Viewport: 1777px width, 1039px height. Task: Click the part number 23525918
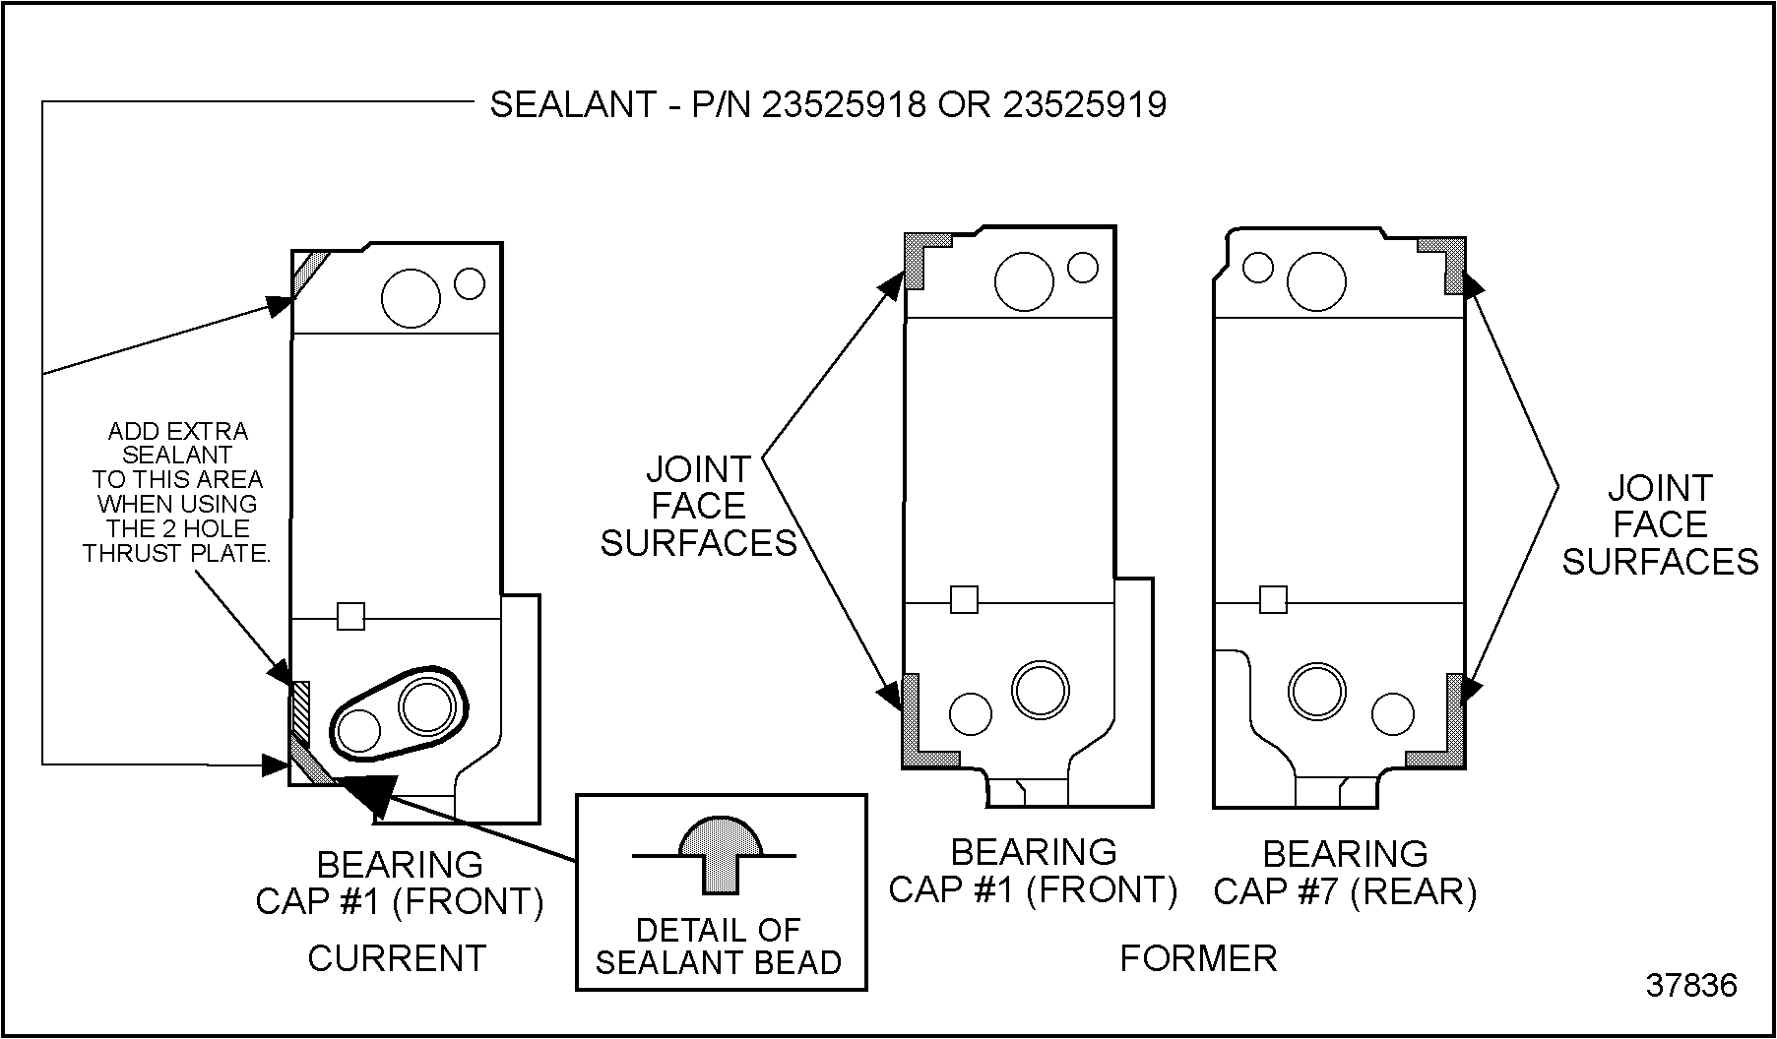click(844, 104)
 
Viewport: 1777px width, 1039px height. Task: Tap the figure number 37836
click(1691, 985)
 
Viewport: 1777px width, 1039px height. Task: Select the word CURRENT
click(397, 957)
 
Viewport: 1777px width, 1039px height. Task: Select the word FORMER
click(1198, 957)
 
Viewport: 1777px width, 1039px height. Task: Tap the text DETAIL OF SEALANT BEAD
click(719, 946)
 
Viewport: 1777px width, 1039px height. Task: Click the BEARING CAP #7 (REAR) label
click(1345, 872)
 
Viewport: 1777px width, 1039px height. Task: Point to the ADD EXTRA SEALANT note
click(177, 492)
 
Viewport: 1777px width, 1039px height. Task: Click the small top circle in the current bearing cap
click(470, 283)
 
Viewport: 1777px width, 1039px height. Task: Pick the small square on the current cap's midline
click(350, 616)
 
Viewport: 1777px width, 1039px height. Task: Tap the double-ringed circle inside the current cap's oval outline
click(427, 704)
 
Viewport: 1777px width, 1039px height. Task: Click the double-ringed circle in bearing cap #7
click(1317, 692)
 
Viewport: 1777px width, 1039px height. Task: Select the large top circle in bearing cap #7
click(1316, 281)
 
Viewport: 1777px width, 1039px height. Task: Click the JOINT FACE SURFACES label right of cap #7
click(1660, 524)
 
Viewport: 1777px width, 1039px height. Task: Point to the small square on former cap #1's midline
click(964, 599)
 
